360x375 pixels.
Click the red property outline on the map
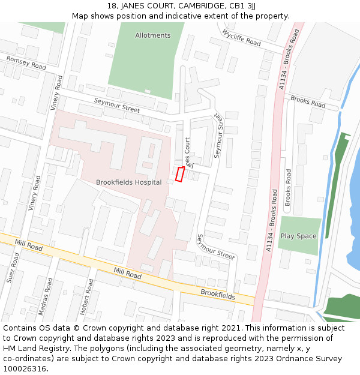tap(179, 174)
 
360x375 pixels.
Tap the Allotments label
tap(153, 35)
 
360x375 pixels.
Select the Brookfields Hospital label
tap(128, 182)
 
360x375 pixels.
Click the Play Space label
tap(298, 236)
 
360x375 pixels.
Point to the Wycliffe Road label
tap(241, 38)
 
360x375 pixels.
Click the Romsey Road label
tap(26, 62)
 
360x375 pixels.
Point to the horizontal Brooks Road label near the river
tap(308, 102)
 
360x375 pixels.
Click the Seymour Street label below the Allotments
tap(116, 106)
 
